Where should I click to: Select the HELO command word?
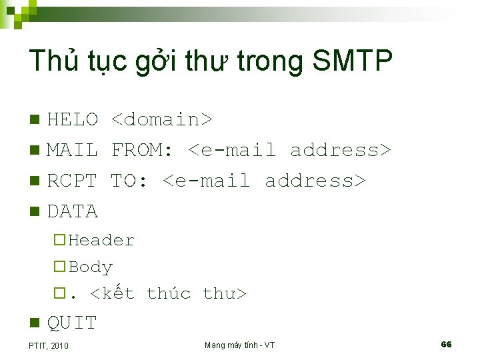(x=73, y=119)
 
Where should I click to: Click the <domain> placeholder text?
(x=161, y=119)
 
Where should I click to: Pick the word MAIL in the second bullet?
(x=73, y=150)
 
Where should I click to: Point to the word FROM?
(x=143, y=150)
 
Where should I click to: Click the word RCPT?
(x=73, y=181)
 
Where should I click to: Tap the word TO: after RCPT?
(x=130, y=181)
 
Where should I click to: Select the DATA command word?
(x=73, y=211)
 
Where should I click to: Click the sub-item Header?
(x=101, y=240)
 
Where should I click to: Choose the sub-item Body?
(x=91, y=267)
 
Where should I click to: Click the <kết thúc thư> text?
(x=168, y=293)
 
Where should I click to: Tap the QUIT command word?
(x=72, y=323)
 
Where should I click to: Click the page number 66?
(x=446, y=344)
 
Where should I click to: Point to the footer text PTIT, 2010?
(x=49, y=345)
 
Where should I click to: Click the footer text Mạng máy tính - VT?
(x=239, y=345)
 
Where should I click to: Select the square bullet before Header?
(x=60, y=240)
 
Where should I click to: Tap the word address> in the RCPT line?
(x=315, y=181)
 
